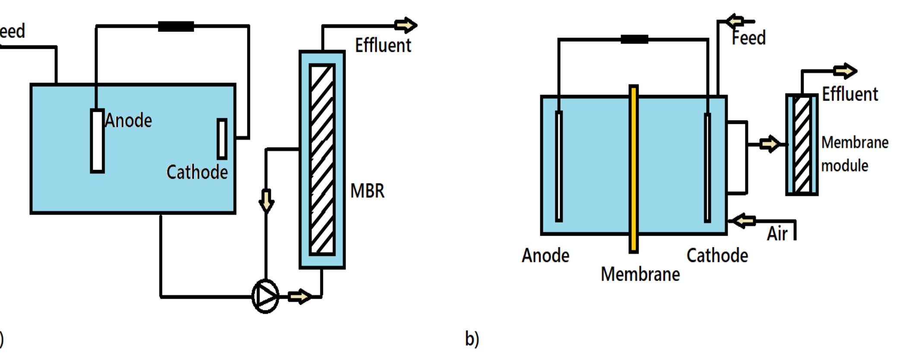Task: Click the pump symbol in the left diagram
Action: click(265, 296)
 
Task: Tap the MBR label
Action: click(367, 191)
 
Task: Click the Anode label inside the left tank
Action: click(128, 120)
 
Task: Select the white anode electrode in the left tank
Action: click(97, 141)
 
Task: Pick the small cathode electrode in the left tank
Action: click(222, 139)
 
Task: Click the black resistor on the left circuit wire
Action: click(176, 27)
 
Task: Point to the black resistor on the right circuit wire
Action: click(634, 39)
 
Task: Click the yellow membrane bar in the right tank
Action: click(634, 168)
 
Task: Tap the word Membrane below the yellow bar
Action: click(640, 274)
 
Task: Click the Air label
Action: click(777, 234)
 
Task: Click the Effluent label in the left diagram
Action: click(383, 45)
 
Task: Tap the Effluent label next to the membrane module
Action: click(849, 94)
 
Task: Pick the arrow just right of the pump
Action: click(299, 297)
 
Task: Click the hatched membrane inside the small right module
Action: click(802, 145)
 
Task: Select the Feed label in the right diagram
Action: click(748, 38)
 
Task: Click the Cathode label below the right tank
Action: click(717, 256)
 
